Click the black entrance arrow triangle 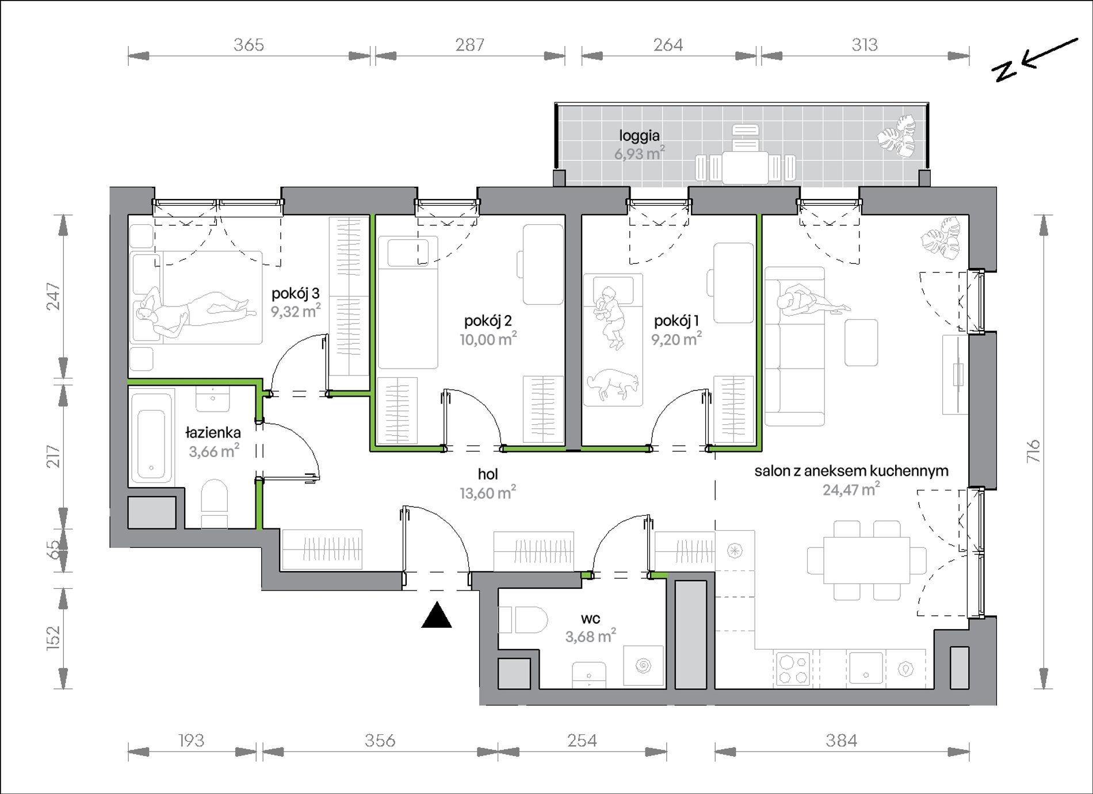pyautogui.click(x=437, y=615)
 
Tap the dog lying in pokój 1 pyautogui.click(x=613, y=384)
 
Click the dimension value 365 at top pyautogui.click(x=249, y=45)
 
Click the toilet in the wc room pyautogui.click(x=524, y=620)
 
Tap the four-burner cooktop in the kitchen pyautogui.click(x=793, y=668)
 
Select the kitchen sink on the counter pyautogui.click(x=866, y=668)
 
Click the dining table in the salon pyautogui.click(x=867, y=560)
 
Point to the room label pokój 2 pyautogui.click(x=488, y=321)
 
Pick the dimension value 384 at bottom pyautogui.click(x=841, y=741)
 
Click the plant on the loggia pyautogui.click(x=896, y=137)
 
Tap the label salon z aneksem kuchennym pyautogui.click(x=851, y=471)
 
